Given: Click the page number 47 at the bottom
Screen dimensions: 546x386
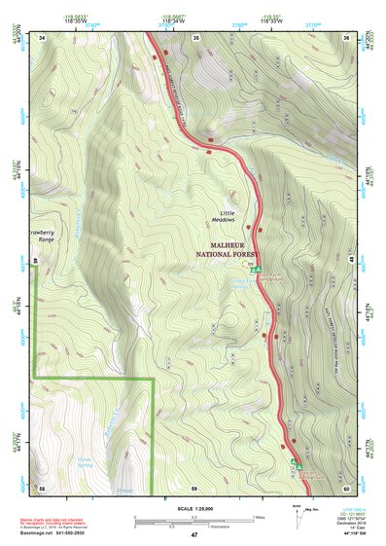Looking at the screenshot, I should point(193,535).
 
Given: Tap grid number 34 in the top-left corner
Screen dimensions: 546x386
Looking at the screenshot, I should point(42,37).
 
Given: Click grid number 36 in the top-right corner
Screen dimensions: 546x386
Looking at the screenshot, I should point(346,37).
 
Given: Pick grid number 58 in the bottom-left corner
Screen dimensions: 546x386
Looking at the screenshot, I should point(42,488).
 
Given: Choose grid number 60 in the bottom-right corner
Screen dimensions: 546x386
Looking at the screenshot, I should point(346,488).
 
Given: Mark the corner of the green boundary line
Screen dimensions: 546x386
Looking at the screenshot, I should point(154,378).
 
